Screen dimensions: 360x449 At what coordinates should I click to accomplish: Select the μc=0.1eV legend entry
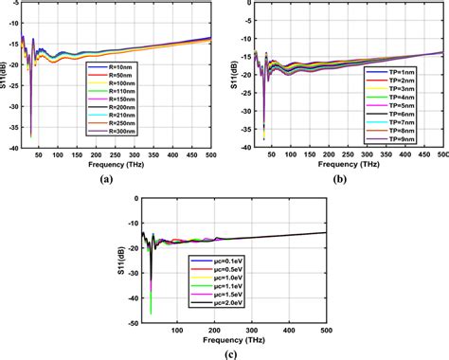[189, 259]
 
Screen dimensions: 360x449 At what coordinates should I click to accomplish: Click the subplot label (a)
[119, 177]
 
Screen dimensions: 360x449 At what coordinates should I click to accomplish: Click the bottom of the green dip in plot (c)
[151, 313]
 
